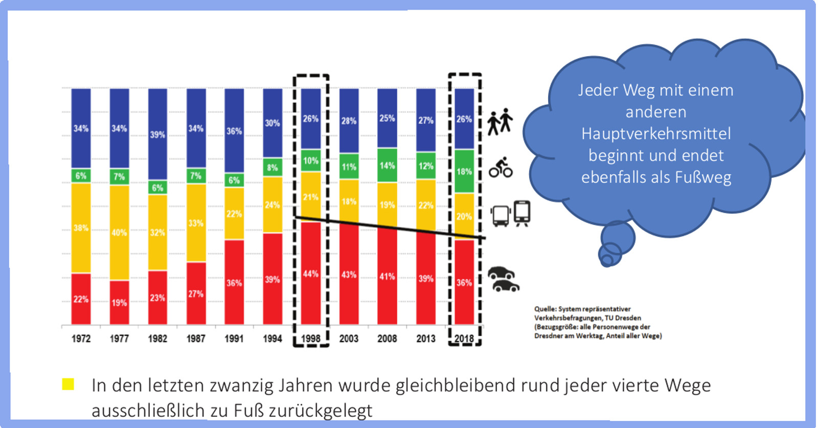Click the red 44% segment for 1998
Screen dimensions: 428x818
pyautogui.click(x=310, y=274)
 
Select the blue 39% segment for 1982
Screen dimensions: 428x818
pyautogui.click(x=157, y=134)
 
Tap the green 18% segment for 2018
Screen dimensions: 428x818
pyautogui.click(x=464, y=171)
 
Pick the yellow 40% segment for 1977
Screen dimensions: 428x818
pyautogui.click(x=119, y=232)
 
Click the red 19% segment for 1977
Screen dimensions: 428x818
pyautogui.click(x=119, y=302)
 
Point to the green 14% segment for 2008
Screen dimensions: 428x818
pyautogui.click(x=387, y=165)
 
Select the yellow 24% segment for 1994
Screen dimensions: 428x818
pyautogui.click(x=272, y=205)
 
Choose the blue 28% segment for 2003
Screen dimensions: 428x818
pyautogui.click(x=349, y=121)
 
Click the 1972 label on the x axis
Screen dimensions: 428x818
pyautogui.click(x=81, y=339)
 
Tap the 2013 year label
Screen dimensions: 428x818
pyautogui.click(x=425, y=339)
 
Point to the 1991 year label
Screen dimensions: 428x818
pyautogui.click(x=234, y=339)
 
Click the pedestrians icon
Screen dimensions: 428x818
pyautogui.click(x=499, y=122)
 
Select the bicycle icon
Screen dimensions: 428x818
pyautogui.click(x=501, y=168)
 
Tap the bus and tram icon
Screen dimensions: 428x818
pyautogui.click(x=510, y=214)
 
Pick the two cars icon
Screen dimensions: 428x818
pyautogui.click(x=503, y=279)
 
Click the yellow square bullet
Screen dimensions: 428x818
pyautogui.click(x=68, y=384)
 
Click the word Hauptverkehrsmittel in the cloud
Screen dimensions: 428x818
pyautogui.click(x=656, y=134)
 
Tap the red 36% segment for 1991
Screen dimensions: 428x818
pyautogui.click(x=234, y=282)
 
